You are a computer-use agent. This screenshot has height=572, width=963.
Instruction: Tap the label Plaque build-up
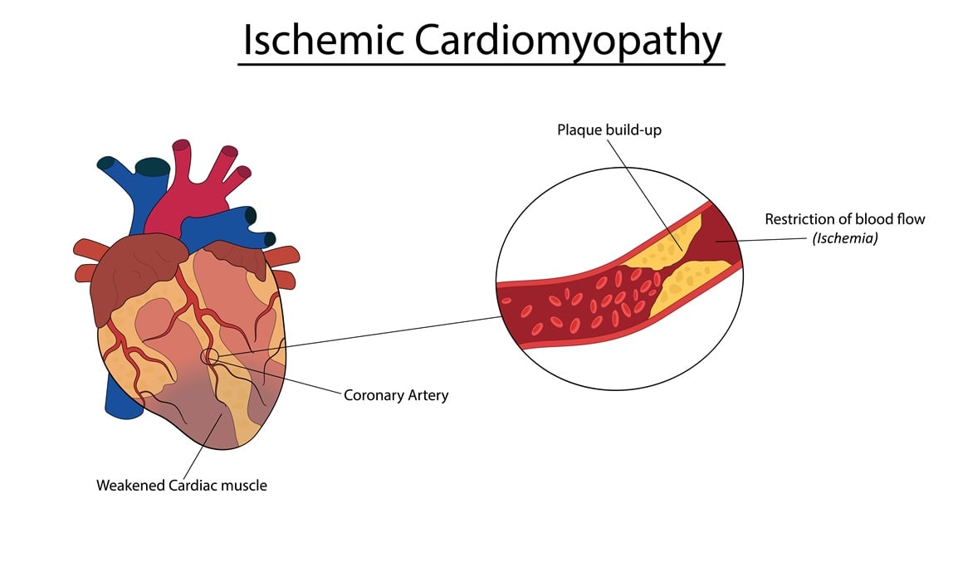[609, 130]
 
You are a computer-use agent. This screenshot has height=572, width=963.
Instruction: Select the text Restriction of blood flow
[844, 219]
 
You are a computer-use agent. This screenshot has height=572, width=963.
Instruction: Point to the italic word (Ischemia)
[844, 238]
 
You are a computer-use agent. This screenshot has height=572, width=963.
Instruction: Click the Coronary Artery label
[396, 395]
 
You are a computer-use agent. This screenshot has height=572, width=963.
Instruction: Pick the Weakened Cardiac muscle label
[182, 485]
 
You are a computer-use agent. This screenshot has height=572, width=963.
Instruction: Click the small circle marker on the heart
[210, 357]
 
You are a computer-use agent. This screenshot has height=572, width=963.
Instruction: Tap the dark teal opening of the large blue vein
[152, 166]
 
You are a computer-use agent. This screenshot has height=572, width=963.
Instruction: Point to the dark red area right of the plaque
[719, 241]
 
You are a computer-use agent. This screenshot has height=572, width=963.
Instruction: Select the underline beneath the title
[481, 63]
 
